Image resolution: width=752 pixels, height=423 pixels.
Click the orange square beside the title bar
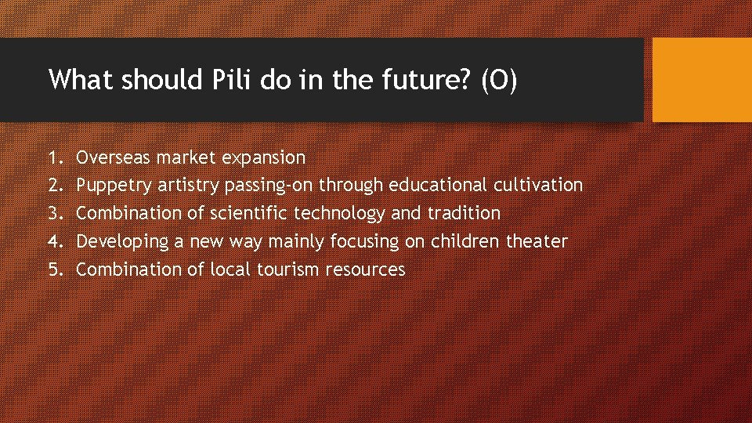tap(702, 81)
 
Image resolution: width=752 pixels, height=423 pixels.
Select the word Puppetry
tap(114, 186)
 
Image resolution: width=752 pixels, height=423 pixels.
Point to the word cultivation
tap(538, 186)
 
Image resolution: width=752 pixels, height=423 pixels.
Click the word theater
tap(537, 242)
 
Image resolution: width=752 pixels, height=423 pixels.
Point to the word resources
tap(365, 270)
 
